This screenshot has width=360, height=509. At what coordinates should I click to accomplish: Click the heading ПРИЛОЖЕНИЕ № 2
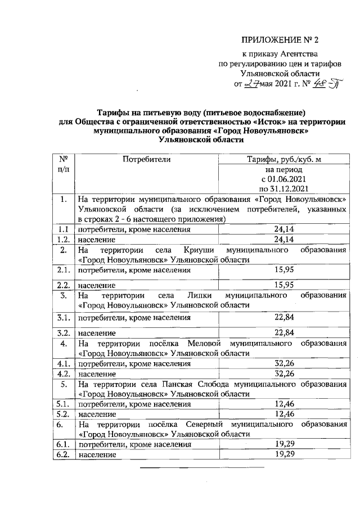tap(280, 40)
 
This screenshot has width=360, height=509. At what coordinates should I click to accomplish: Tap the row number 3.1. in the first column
tap(62, 318)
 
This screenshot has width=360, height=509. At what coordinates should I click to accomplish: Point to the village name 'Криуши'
tap(196, 249)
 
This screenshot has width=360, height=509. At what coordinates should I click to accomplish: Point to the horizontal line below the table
tap(201, 467)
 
